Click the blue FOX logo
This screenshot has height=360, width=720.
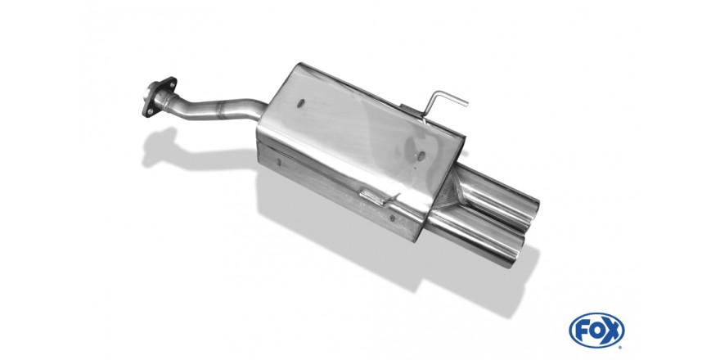[596, 331]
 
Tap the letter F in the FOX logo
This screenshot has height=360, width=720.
[583, 331]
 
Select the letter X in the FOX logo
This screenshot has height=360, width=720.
[611, 331]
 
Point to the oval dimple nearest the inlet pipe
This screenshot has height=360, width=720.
[301, 103]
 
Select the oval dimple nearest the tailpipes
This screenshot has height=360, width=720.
[421, 156]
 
